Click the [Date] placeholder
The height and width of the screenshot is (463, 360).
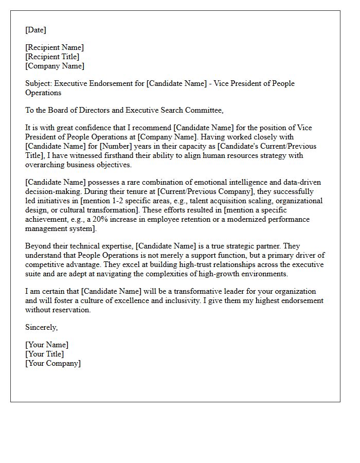[x=35, y=30]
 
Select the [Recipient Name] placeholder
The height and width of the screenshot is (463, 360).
[x=55, y=47]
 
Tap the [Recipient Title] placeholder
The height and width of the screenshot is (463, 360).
[x=52, y=57]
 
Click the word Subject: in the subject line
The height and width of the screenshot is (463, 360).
[x=39, y=83]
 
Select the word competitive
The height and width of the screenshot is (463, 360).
[x=47, y=264]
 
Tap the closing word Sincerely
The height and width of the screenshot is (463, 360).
[x=42, y=327]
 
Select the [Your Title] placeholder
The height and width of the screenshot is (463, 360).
[x=45, y=354]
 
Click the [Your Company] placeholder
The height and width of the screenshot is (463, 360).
[x=53, y=363]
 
